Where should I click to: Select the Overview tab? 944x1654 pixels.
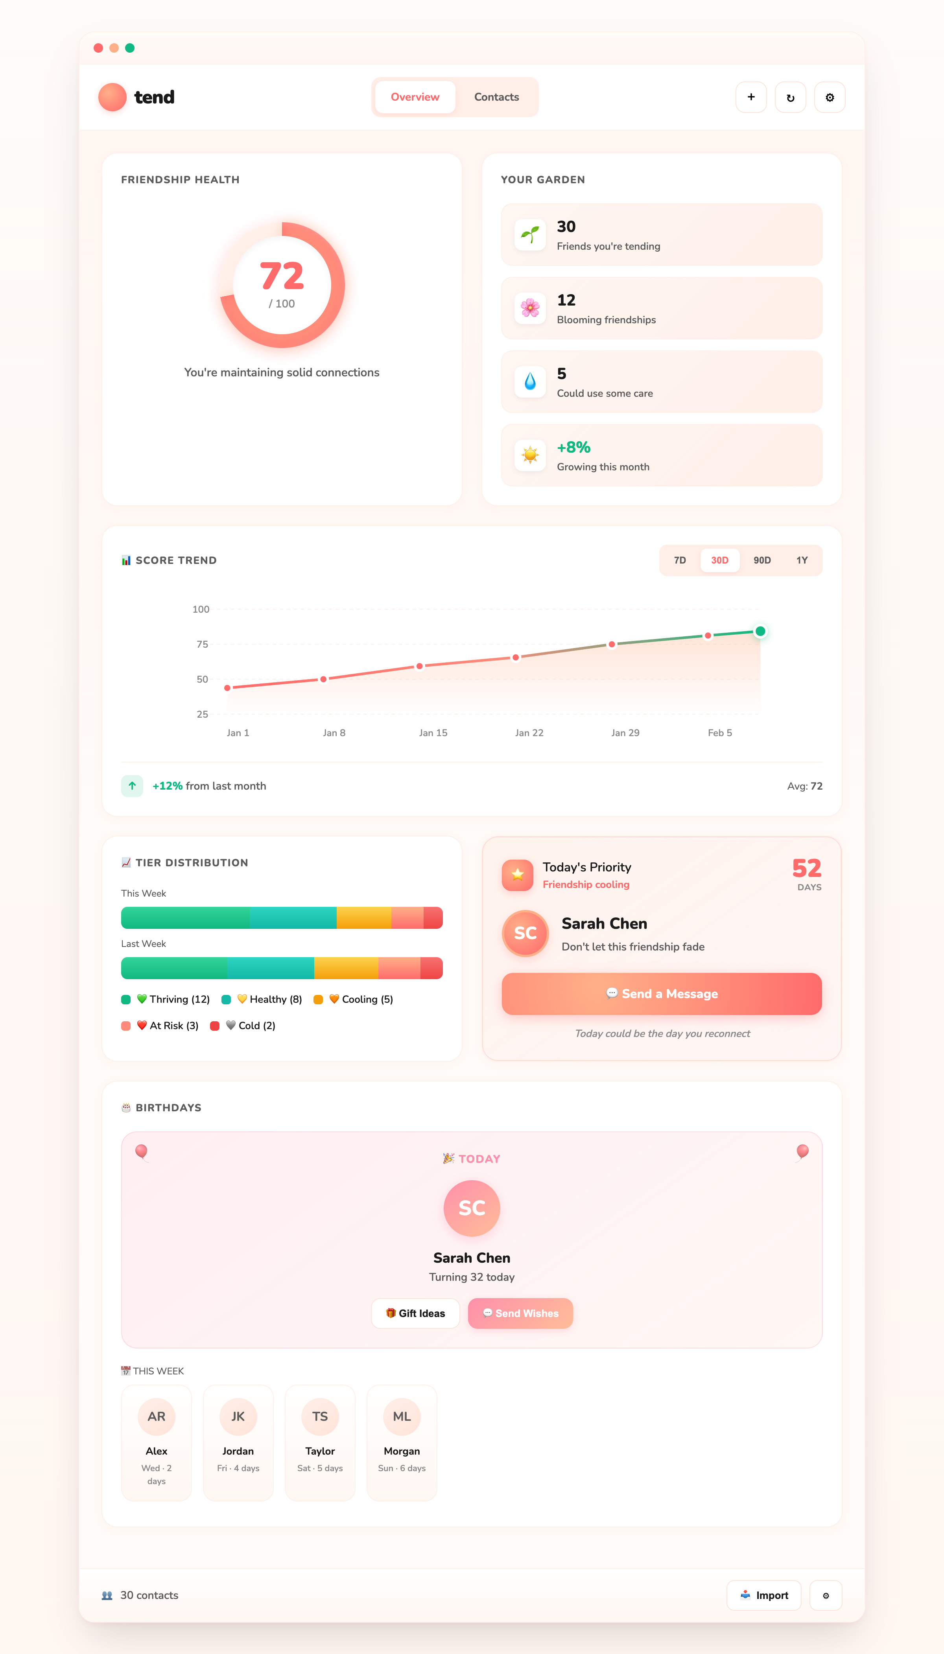(x=415, y=97)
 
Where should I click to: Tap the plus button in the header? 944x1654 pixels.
(x=751, y=97)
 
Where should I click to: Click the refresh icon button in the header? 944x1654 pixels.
(x=790, y=97)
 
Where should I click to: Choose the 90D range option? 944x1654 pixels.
(x=762, y=560)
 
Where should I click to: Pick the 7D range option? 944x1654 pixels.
(x=679, y=560)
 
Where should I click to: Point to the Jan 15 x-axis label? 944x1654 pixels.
(x=433, y=732)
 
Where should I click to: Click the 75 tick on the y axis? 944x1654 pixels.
(x=202, y=644)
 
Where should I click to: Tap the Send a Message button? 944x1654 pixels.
(x=661, y=994)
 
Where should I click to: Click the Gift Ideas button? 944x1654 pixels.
(x=416, y=1313)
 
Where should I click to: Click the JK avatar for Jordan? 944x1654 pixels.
(x=238, y=1416)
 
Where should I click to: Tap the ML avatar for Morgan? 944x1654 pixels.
(x=402, y=1416)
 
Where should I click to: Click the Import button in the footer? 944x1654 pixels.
(x=764, y=1595)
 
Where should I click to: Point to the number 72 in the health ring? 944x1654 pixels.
(x=281, y=276)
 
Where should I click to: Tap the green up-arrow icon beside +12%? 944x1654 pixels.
(x=132, y=786)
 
